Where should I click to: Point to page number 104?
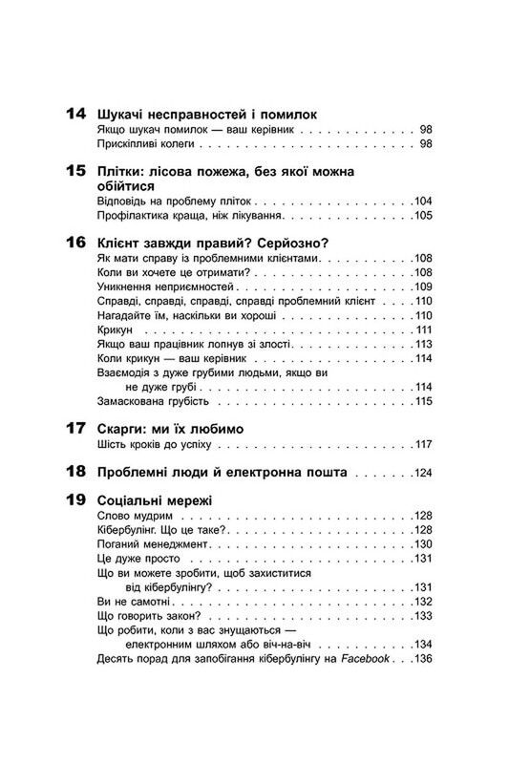point(425,202)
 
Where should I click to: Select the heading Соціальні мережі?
point(155,499)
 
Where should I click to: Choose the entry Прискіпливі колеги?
point(146,143)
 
